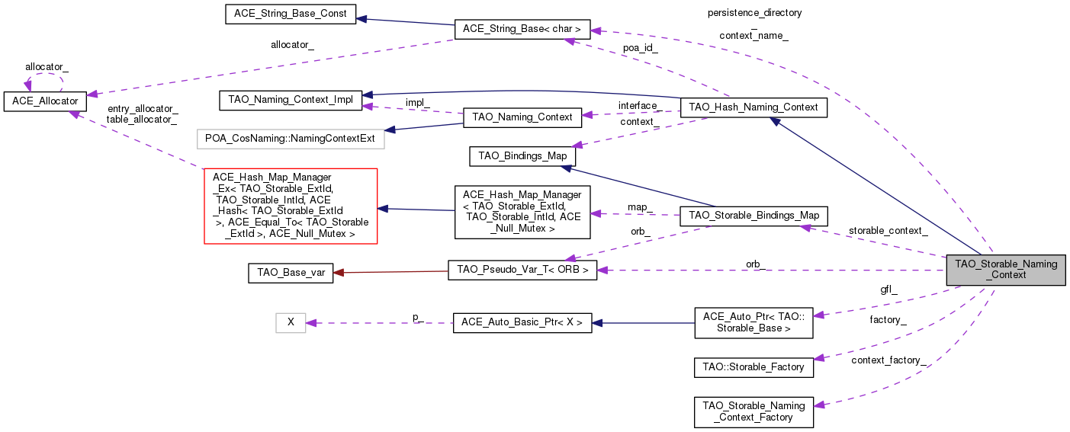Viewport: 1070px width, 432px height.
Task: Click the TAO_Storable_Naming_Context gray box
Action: coord(1005,270)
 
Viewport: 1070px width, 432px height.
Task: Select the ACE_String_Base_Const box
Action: coord(291,14)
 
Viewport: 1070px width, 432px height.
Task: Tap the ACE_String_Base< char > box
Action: coord(522,30)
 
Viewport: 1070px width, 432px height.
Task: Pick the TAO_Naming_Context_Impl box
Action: coord(290,100)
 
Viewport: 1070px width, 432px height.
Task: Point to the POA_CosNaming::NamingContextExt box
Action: coord(291,139)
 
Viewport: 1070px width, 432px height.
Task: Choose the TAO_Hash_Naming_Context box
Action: coord(753,107)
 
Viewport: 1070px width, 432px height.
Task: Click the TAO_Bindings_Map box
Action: coord(522,156)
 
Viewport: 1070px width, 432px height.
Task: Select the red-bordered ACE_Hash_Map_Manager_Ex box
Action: coord(291,206)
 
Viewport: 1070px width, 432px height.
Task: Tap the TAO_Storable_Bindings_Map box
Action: coord(753,216)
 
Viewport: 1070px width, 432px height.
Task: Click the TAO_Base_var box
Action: coord(291,274)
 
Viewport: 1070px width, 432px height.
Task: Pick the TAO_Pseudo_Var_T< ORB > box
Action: coord(522,270)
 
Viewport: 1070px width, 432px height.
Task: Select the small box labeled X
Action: coord(291,322)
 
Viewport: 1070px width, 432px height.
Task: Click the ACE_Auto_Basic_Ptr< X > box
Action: coord(522,322)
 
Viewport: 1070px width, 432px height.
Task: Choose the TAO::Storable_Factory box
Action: coord(753,366)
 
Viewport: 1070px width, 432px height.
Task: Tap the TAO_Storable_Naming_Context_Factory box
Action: coord(753,411)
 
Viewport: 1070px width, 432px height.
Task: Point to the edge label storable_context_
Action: coord(888,230)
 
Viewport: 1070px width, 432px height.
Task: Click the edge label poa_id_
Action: coord(641,47)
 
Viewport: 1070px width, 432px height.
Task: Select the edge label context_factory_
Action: coord(888,359)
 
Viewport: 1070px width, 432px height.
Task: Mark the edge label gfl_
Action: coord(888,290)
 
